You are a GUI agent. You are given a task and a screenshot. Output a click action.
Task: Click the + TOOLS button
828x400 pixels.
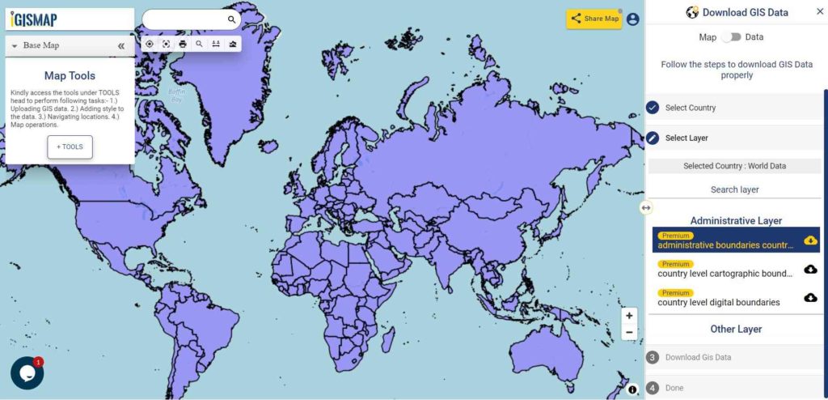70,147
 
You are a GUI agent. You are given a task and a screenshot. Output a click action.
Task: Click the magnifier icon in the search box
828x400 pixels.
231,19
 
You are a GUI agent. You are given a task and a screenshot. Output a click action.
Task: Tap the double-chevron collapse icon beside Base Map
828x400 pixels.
121,46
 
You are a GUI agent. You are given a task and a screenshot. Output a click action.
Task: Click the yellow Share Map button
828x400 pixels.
594,19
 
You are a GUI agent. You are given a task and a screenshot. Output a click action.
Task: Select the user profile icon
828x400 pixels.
632,19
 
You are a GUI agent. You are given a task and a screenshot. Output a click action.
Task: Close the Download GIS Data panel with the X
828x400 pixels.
819,11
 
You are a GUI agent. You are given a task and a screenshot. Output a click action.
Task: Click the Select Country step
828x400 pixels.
690,108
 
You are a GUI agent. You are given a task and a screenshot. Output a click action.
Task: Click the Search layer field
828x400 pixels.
734,189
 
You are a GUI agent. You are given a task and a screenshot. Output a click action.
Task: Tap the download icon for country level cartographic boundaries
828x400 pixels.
810,269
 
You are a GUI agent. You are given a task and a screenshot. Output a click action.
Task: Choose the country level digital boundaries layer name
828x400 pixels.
719,303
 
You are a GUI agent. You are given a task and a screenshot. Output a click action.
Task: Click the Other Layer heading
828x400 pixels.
736,330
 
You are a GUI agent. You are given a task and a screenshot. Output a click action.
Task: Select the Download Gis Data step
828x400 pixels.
698,357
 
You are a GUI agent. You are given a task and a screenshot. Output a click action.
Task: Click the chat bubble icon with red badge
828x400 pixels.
27,373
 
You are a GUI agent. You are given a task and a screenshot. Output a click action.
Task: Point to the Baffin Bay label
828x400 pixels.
176,95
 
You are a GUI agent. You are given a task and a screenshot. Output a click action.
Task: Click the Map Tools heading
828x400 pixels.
70,76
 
